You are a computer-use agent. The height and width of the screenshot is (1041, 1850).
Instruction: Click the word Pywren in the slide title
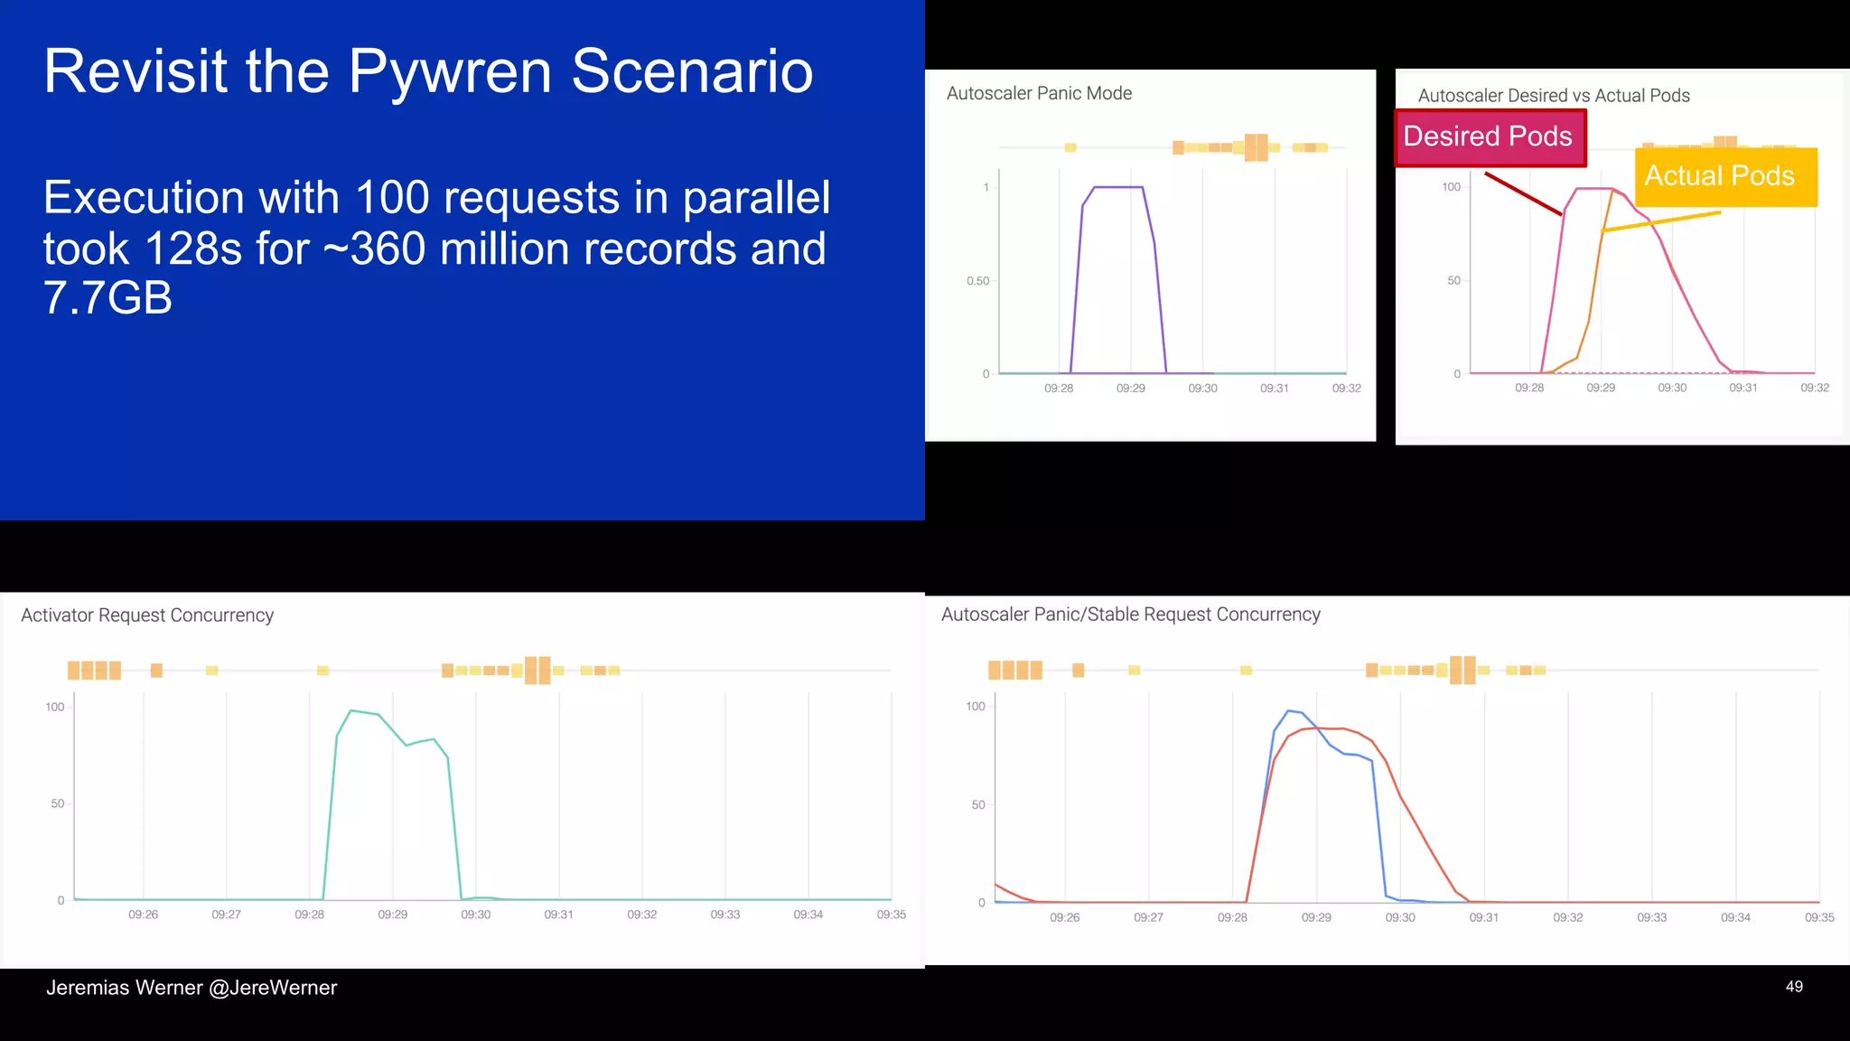click(449, 72)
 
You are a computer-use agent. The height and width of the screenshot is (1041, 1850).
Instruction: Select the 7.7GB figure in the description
click(107, 298)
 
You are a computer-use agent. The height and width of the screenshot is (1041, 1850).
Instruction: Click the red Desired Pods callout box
click(1490, 137)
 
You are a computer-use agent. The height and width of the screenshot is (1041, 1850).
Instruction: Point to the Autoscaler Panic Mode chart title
click(1039, 93)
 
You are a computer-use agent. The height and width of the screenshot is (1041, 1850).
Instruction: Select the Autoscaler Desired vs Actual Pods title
click(1553, 96)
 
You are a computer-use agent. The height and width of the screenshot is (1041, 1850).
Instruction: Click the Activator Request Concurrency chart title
click(147, 615)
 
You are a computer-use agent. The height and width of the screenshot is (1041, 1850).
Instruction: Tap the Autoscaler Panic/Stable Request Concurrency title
click(1130, 614)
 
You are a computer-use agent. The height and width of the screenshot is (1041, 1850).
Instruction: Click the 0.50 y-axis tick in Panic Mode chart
click(977, 281)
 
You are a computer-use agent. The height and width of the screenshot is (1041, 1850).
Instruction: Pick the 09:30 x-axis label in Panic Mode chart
click(1202, 389)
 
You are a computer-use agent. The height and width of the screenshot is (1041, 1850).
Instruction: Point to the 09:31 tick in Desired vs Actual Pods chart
click(1743, 388)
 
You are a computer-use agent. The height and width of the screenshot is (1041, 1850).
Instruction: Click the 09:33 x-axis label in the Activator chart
click(724, 914)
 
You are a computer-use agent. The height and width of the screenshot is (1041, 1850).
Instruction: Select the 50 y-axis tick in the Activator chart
click(58, 803)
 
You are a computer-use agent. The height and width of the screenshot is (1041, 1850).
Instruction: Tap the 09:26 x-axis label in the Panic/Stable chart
click(1064, 917)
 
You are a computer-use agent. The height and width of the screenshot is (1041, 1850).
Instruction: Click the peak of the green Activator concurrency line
click(351, 711)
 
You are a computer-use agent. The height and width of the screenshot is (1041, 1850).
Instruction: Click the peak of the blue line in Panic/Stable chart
click(1289, 710)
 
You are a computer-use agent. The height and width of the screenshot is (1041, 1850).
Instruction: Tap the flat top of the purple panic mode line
click(1118, 187)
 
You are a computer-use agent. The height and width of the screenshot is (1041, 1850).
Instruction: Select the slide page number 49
click(1794, 987)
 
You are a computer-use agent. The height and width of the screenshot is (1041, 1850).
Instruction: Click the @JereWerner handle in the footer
click(273, 988)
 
